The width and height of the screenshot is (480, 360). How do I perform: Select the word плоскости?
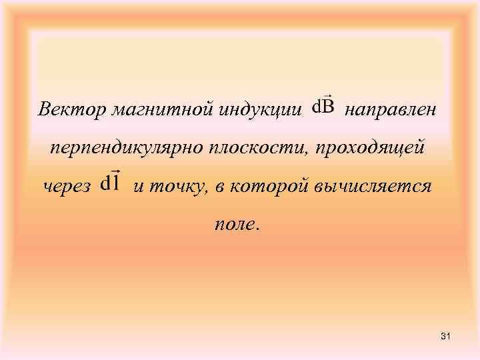pos(245,147)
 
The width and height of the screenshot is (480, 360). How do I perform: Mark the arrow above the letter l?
pos(115,172)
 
